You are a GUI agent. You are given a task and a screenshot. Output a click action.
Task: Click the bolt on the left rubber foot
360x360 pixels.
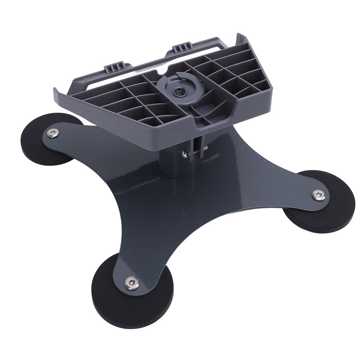53,133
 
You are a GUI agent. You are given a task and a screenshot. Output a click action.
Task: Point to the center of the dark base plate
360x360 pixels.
183,204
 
